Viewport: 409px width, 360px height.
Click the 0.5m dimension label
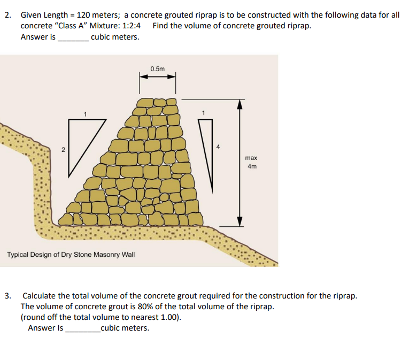[158, 68]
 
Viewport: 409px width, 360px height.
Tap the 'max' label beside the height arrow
[251, 158]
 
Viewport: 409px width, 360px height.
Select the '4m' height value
[252, 166]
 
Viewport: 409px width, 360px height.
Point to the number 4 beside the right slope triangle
[217, 146]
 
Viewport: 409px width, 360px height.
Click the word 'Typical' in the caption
[18, 254]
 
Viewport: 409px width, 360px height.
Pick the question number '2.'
[8, 15]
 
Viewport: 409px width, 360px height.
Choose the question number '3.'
[8, 295]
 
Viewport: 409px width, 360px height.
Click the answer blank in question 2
[73, 38]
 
